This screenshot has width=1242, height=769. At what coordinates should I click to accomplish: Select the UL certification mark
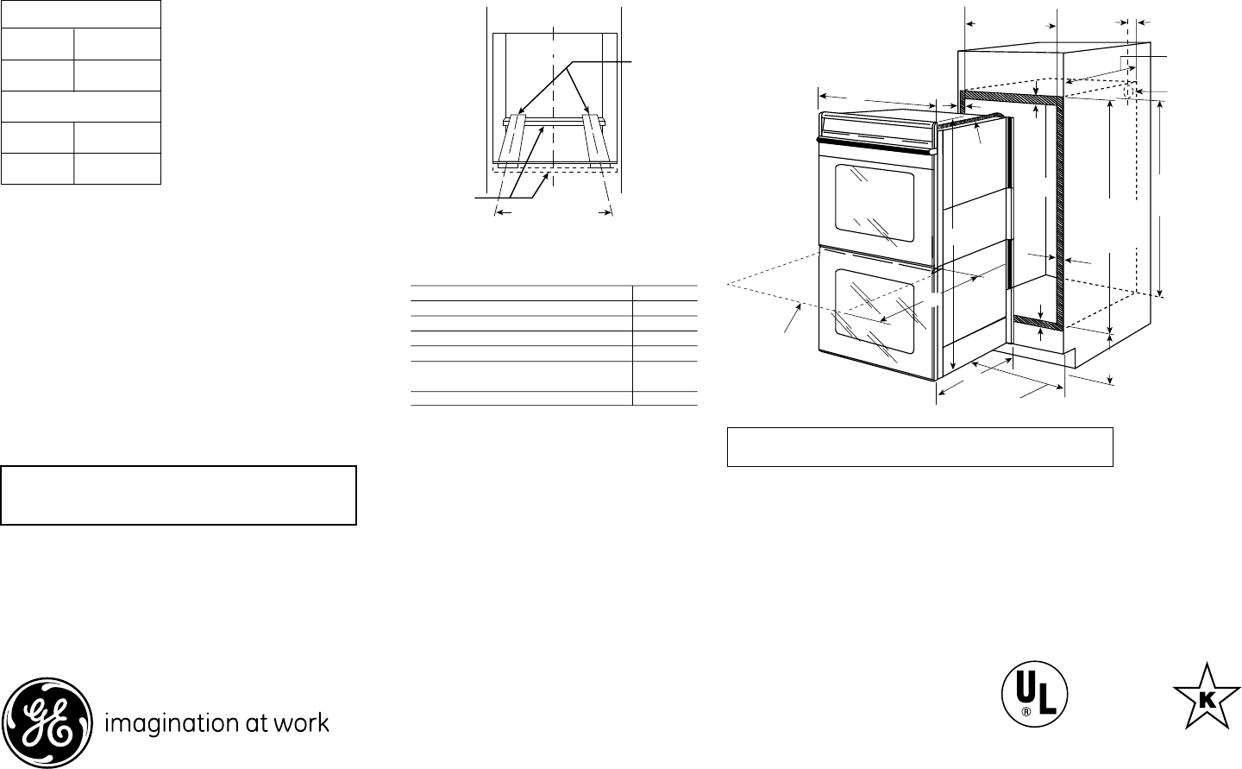1034,695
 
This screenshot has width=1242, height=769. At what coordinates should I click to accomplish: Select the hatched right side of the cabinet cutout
1063,207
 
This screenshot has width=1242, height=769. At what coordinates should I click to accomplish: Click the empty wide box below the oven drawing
919,446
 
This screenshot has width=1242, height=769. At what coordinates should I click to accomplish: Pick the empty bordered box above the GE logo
179,495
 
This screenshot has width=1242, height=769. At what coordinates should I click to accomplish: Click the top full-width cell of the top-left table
81,14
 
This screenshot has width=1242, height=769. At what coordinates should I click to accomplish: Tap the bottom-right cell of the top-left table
117,169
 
